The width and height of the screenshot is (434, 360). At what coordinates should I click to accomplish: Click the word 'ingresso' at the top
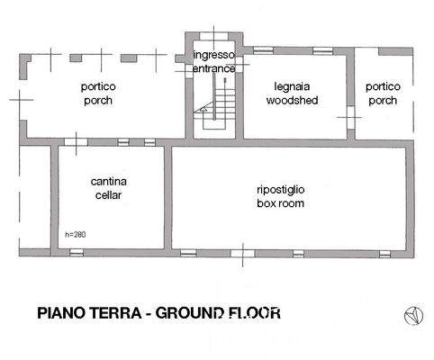tap(214, 55)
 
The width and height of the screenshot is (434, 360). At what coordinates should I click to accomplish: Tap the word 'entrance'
tap(214, 68)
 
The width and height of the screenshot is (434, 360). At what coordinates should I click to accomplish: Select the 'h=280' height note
tap(77, 235)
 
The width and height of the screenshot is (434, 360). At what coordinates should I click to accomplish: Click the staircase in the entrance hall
tap(216, 103)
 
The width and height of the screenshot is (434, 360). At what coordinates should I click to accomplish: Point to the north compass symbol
tap(412, 314)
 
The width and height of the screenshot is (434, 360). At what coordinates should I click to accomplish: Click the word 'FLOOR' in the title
tap(256, 314)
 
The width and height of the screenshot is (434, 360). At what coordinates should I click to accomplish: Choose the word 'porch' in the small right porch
tap(383, 101)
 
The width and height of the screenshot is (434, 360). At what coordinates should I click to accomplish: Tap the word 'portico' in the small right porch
tap(383, 87)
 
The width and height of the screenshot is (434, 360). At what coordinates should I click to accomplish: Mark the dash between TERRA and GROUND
tap(147, 314)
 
